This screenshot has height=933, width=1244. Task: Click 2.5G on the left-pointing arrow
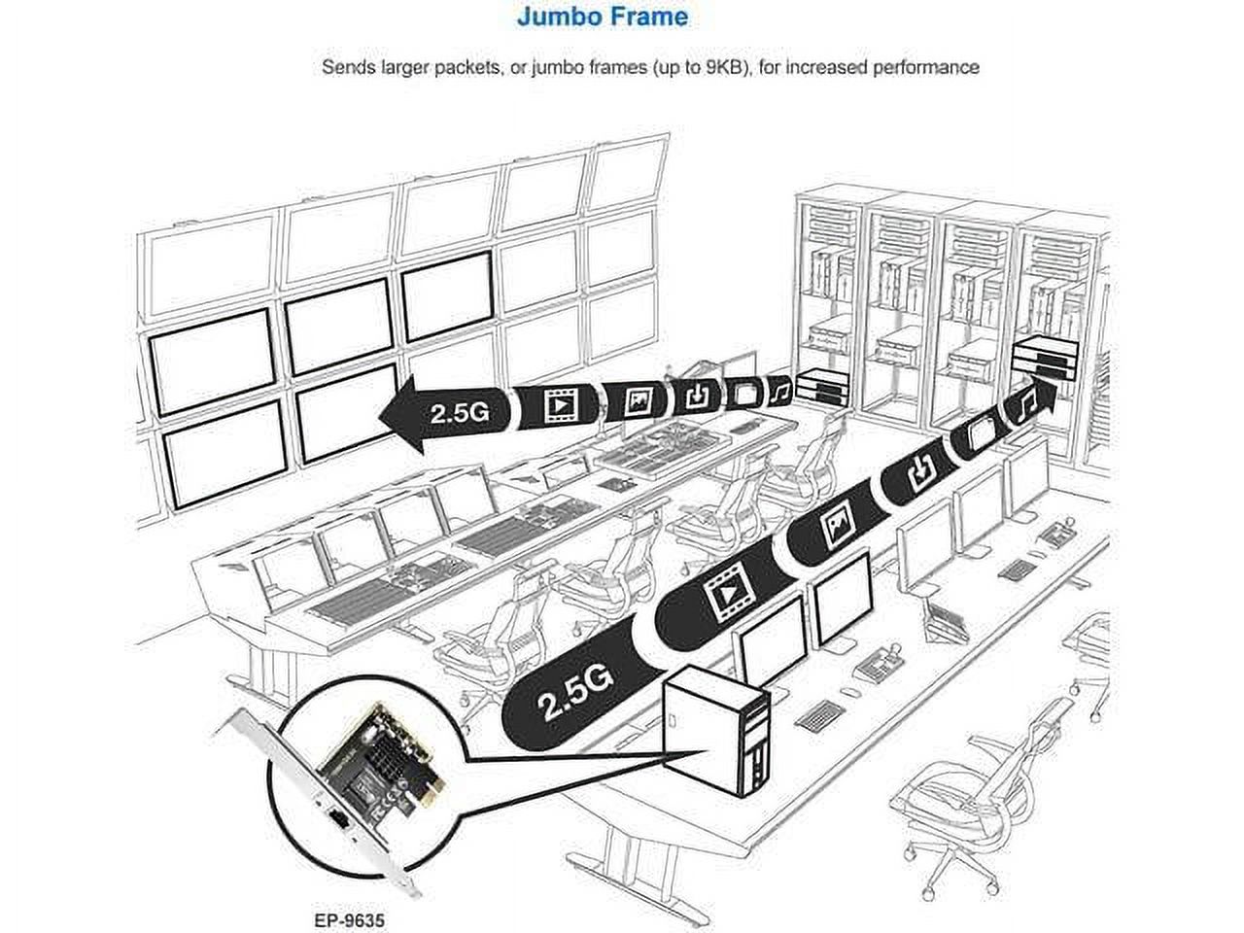458,411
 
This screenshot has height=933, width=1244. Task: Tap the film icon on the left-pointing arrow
561,402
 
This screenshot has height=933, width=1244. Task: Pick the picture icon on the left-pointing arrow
638,398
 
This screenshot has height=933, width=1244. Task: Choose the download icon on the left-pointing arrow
698,395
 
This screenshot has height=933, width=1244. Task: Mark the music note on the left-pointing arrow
779,391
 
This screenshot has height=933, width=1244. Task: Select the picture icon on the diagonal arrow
838,526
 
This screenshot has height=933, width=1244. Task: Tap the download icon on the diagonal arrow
919,474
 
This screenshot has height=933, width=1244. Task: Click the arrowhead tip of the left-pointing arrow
384,414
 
